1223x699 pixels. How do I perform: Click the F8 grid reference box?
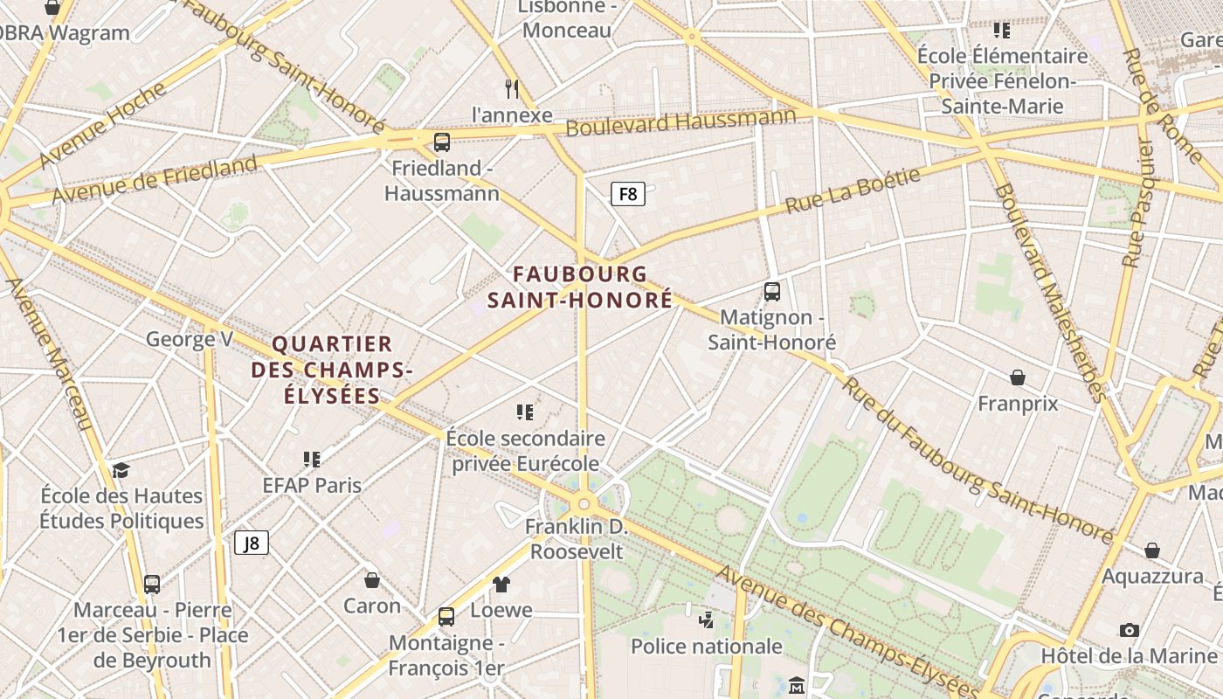click(x=628, y=194)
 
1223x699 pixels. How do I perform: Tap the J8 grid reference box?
click(x=252, y=543)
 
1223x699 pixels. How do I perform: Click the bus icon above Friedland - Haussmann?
click(x=442, y=142)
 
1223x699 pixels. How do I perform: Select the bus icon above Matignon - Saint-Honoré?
click(x=771, y=292)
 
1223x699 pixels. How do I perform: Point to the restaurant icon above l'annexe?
click(x=513, y=88)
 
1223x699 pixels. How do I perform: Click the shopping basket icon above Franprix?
click(x=1018, y=377)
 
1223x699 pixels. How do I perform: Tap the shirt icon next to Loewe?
click(x=501, y=584)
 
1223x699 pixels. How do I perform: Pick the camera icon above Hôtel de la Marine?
click(x=1129, y=630)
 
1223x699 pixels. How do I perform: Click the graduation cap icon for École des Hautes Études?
click(x=121, y=470)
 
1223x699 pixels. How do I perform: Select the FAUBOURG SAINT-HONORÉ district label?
click(x=580, y=287)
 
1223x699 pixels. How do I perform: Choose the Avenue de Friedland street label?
click(x=155, y=180)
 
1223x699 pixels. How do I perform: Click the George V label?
click(x=190, y=339)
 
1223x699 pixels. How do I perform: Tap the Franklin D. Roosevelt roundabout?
click(x=584, y=504)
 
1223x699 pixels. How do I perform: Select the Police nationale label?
click(x=706, y=647)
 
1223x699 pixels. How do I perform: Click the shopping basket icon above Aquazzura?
click(x=1152, y=550)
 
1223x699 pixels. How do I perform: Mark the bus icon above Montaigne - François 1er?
click(x=446, y=617)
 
